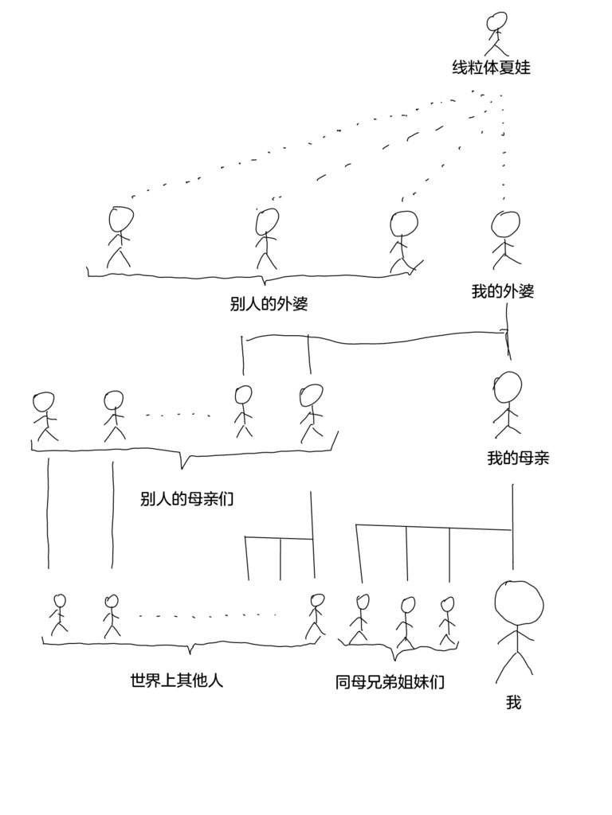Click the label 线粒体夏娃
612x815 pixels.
click(491, 68)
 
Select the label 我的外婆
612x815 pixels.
click(502, 291)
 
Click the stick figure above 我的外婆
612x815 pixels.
click(503, 240)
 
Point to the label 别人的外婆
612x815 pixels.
click(269, 304)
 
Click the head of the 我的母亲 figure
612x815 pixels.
click(508, 388)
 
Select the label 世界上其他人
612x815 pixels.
click(176, 681)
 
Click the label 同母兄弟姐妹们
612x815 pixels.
click(390, 682)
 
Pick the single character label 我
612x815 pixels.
click(513, 703)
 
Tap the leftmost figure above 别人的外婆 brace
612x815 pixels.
click(120, 236)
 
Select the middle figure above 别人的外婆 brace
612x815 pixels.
click(267, 237)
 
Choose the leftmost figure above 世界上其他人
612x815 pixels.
click(58, 616)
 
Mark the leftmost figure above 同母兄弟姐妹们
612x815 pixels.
click(360, 618)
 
